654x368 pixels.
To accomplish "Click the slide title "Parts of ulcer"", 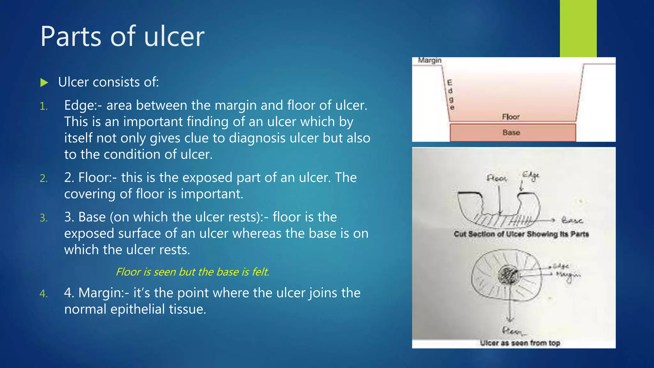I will click(x=122, y=36).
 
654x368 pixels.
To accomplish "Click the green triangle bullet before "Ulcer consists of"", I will click(x=44, y=83).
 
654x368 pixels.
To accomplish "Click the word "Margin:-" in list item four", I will click(x=104, y=293).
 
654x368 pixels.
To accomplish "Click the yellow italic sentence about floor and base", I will click(x=192, y=272).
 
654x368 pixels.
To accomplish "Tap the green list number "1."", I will click(x=44, y=106).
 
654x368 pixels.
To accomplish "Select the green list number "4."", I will click(x=44, y=294).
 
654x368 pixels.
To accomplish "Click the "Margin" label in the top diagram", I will click(x=430, y=60).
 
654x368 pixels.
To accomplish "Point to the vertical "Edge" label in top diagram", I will click(x=450, y=95).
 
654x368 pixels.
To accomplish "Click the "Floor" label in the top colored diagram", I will click(x=511, y=117).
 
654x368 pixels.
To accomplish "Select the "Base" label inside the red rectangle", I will click(x=511, y=132).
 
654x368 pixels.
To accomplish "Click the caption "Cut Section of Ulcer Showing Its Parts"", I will click(x=521, y=234).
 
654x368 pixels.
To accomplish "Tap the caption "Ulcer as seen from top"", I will click(x=520, y=343).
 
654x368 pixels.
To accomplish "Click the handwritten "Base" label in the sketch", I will click(x=572, y=220).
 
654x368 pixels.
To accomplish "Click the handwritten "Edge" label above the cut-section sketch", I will click(x=531, y=176).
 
